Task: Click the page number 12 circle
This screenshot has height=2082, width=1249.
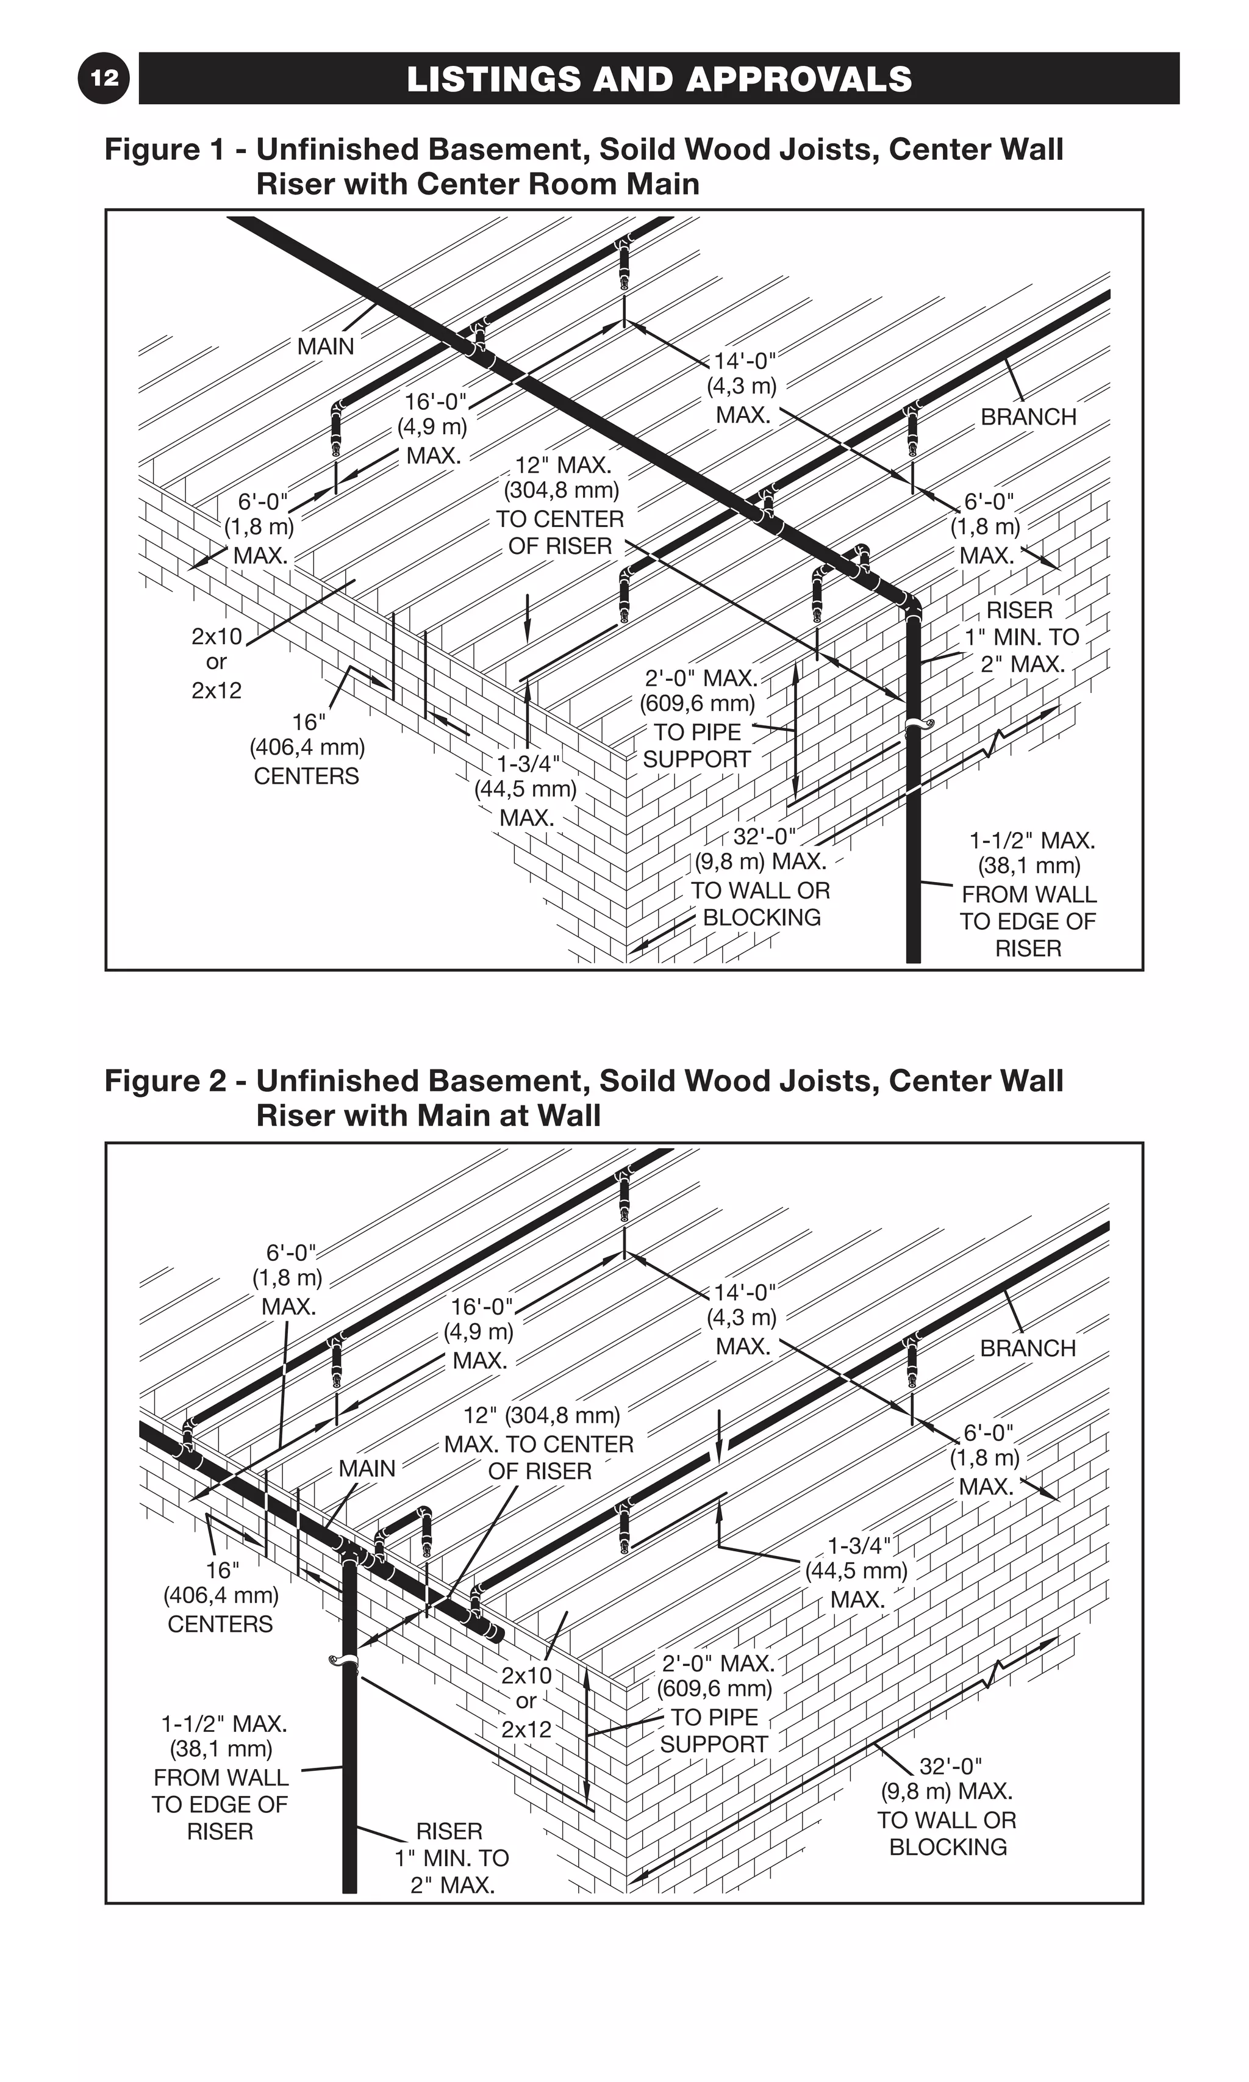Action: click(104, 78)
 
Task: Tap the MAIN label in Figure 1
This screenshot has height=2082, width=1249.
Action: click(326, 346)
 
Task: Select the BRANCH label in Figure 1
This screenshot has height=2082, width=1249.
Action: click(1028, 417)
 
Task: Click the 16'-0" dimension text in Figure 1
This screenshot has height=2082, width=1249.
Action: click(434, 428)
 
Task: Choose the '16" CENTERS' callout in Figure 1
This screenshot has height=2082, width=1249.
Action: click(306, 748)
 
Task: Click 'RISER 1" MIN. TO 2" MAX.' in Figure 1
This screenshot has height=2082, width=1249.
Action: click(1020, 637)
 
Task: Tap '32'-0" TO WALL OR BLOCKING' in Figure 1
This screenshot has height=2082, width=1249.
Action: click(760, 877)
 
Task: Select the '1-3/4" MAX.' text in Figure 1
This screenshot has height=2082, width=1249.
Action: click(526, 790)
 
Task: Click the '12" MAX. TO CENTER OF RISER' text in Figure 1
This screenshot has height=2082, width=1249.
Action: click(560, 505)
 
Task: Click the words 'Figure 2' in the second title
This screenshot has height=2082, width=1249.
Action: click(165, 1080)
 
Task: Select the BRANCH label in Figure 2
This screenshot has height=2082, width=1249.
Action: click(1028, 1348)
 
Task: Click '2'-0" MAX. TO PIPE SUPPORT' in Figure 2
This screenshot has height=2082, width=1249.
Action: click(715, 1703)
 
